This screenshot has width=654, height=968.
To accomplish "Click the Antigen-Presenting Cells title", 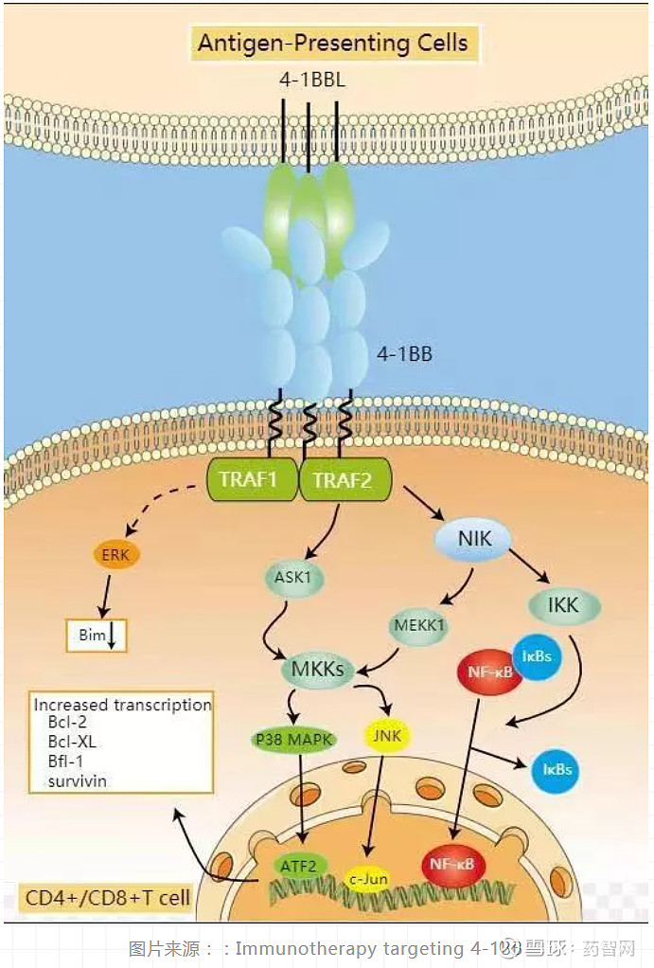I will pos(332,43).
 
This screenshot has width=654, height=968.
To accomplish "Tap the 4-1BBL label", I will pos(311,81).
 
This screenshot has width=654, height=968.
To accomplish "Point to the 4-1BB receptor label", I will pos(404,354).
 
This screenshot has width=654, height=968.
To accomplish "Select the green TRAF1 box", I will pos(248,479).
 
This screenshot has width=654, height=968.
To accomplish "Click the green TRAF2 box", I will pos(342,480).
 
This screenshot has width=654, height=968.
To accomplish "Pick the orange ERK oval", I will pos(116,556).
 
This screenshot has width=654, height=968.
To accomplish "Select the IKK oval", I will pos(562,603).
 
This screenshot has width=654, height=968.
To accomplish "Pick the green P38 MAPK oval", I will pos(294,739).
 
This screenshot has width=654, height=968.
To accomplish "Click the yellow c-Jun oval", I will pos(368,879).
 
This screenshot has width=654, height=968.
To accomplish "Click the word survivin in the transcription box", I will pos(78,781).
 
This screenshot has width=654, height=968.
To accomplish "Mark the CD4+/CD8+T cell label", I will pos(106,897).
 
